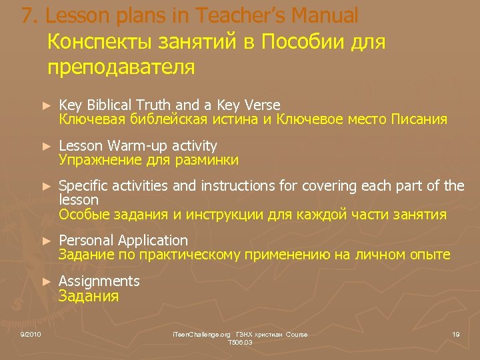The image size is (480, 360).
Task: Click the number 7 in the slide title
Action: pyautogui.click(x=27, y=15)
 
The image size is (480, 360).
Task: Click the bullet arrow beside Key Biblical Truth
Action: pyautogui.click(x=46, y=106)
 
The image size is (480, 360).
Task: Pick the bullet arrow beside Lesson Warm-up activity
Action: pyautogui.click(x=46, y=146)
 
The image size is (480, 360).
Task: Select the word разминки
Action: pyautogui.click(x=207, y=160)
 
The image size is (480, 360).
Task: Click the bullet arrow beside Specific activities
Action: pyautogui.click(x=46, y=187)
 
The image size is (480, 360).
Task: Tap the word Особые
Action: pyautogui.click(x=80, y=214)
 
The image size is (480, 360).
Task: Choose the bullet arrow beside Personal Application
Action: pyautogui.click(x=46, y=241)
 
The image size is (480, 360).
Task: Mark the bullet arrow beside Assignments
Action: pyautogui.click(x=46, y=282)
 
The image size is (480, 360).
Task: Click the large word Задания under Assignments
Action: pyautogui.click(x=89, y=297)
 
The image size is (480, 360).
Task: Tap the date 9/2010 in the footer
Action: pyautogui.click(x=31, y=334)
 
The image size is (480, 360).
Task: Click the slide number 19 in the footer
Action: pyautogui.click(x=456, y=334)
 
